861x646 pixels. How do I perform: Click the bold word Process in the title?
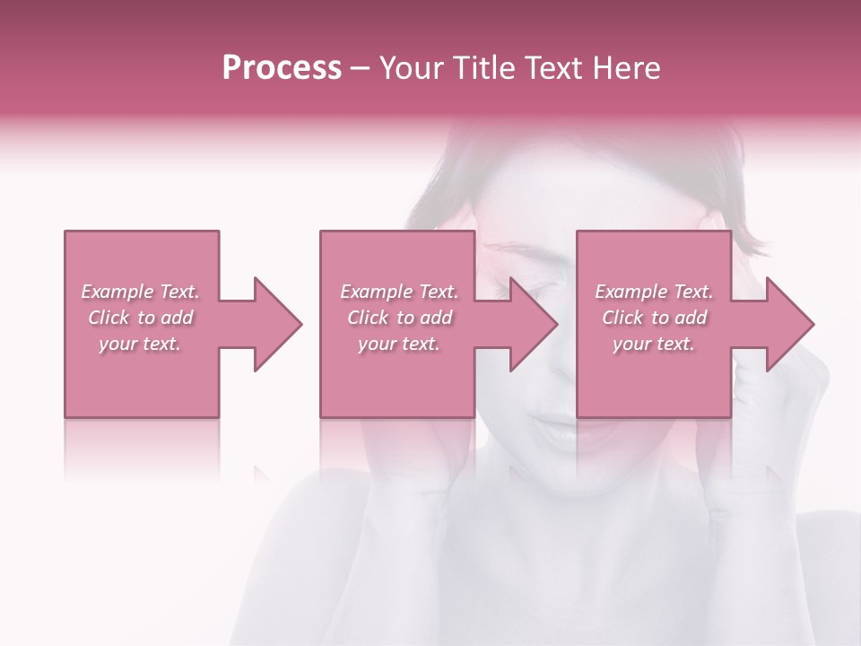point(282,68)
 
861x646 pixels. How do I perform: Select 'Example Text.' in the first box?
point(140,292)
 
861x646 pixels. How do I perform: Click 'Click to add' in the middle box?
point(399,318)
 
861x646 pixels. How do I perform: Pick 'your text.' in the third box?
point(654,344)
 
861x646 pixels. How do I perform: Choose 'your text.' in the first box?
point(140,344)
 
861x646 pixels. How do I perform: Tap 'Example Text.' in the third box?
point(654,292)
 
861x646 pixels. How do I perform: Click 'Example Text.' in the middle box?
point(399,292)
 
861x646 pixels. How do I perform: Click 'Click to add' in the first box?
point(140,318)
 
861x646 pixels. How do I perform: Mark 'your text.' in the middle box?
point(399,344)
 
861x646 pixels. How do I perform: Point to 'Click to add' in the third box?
point(654,318)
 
